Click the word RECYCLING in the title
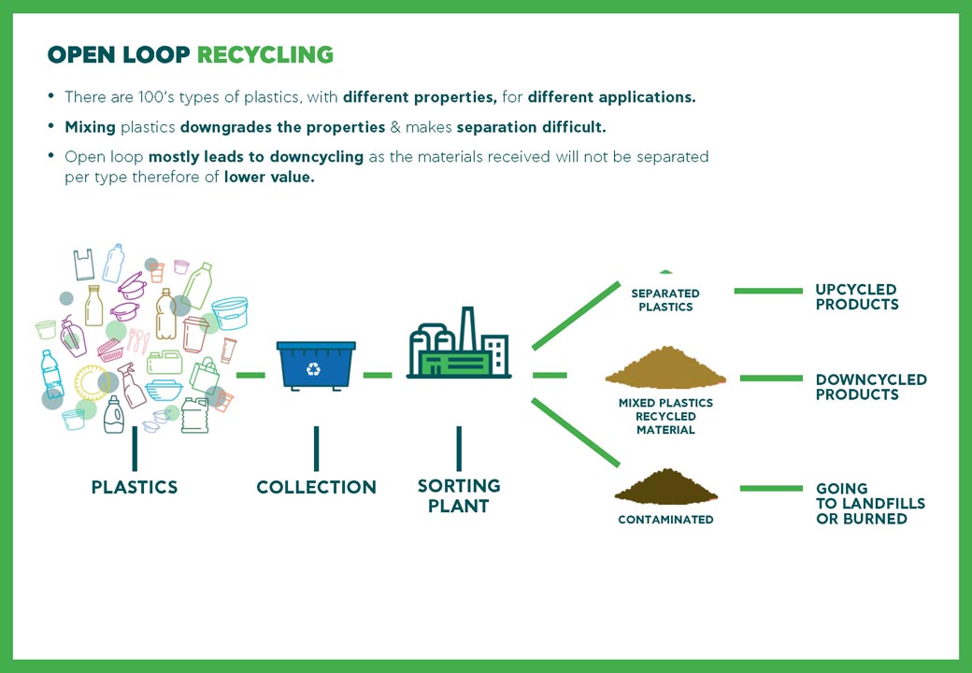click(264, 55)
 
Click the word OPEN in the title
click(84, 55)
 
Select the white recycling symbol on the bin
click(313, 369)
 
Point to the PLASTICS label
click(135, 487)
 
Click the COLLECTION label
click(316, 487)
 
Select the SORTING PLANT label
click(458, 495)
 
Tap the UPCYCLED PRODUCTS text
click(856, 297)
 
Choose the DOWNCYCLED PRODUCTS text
click(871, 387)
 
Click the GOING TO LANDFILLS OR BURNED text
click(869, 504)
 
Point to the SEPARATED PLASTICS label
click(665, 300)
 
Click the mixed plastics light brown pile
click(665, 370)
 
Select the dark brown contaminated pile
click(665, 489)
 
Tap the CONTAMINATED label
click(665, 520)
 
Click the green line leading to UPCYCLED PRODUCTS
click(768, 291)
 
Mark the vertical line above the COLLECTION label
click(316, 449)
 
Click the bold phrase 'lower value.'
click(269, 178)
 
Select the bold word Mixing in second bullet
click(90, 126)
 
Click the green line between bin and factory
click(378, 375)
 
